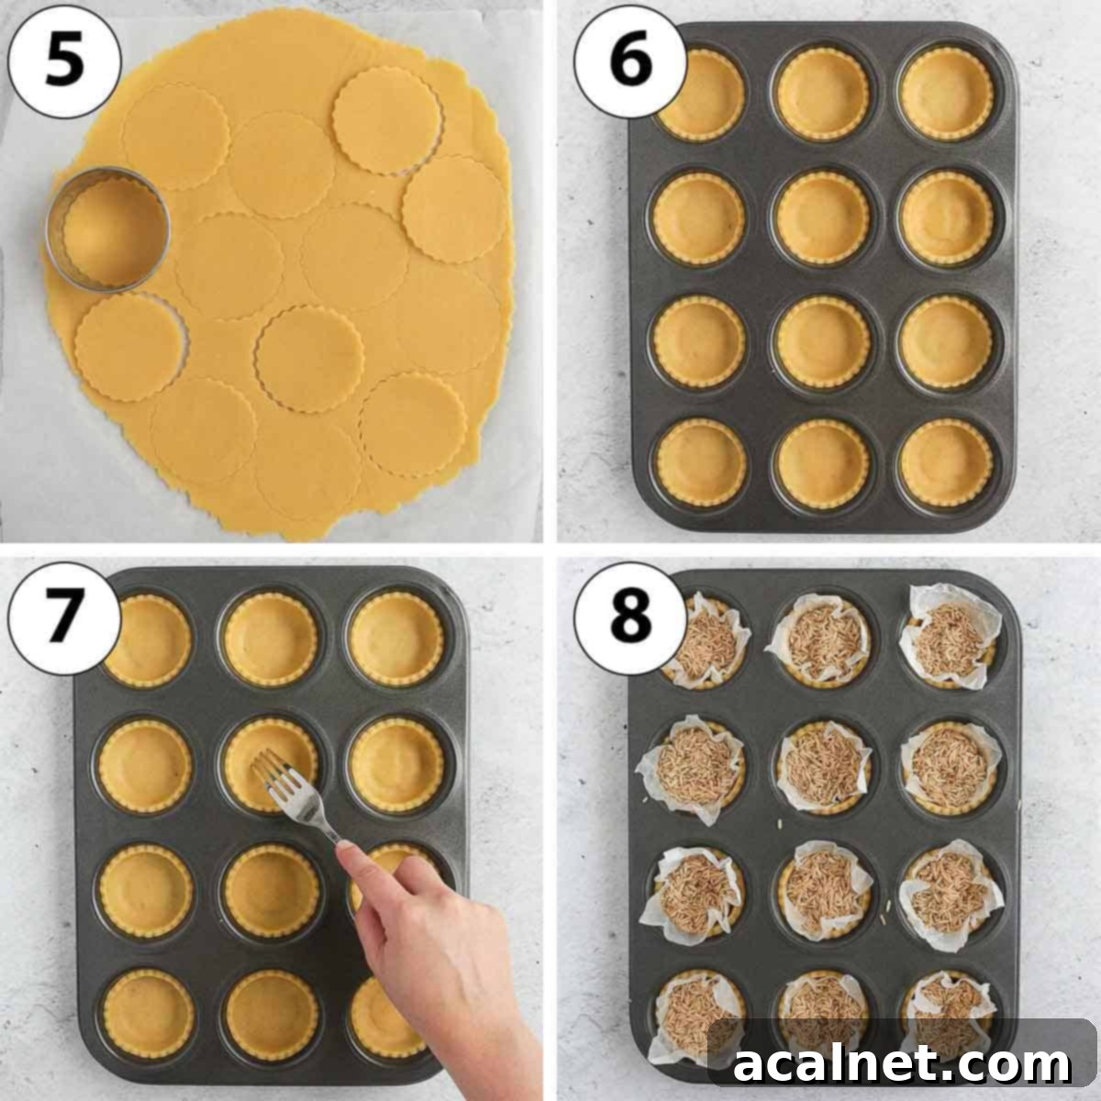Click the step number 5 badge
(63, 61)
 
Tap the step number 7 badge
(63, 613)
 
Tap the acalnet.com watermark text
(902, 1064)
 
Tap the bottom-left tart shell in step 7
(148, 1013)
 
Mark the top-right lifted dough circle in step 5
(387, 120)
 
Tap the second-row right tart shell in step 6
(946, 217)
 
